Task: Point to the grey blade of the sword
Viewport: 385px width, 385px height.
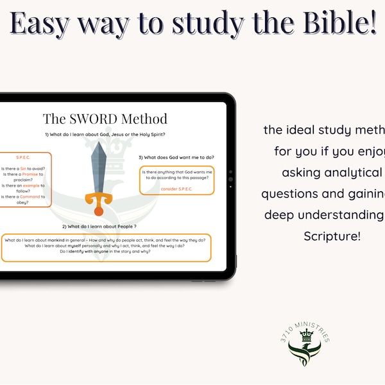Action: (x=99, y=164)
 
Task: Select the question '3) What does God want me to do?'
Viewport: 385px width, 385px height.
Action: (x=176, y=158)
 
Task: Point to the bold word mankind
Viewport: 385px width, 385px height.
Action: (x=62, y=240)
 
